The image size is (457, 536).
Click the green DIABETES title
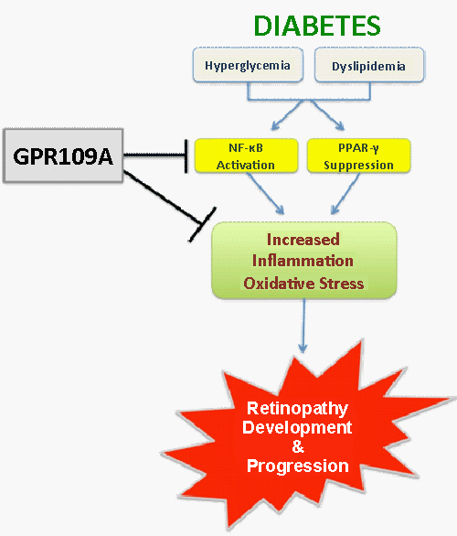coord(317,26)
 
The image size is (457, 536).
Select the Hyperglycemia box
coord(248,65)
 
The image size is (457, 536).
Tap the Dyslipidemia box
coord(369,65)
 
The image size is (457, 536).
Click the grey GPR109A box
coord(63,155)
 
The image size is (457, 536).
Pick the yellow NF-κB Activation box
coord(246,155)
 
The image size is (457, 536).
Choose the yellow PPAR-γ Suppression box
coord(358,155)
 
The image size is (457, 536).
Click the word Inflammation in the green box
coord(303,261)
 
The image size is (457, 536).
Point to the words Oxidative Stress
coord(303,284)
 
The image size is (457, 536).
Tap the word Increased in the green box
coord(303,240)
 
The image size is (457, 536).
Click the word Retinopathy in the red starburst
coord(297,409)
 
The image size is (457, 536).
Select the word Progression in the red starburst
coord(297,466)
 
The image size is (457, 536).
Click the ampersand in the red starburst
coord(298,446)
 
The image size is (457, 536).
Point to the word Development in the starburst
coord(297,427)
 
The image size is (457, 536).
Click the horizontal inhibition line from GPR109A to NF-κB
coord(154,155)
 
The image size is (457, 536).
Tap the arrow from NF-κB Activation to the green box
coord(265,194)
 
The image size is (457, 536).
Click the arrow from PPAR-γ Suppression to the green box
coord(345,194)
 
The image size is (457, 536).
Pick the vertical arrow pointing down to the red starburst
coord(303,326)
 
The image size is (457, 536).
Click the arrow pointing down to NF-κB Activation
coord(287,115)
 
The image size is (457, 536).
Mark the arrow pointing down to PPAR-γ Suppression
coord(327,115)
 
